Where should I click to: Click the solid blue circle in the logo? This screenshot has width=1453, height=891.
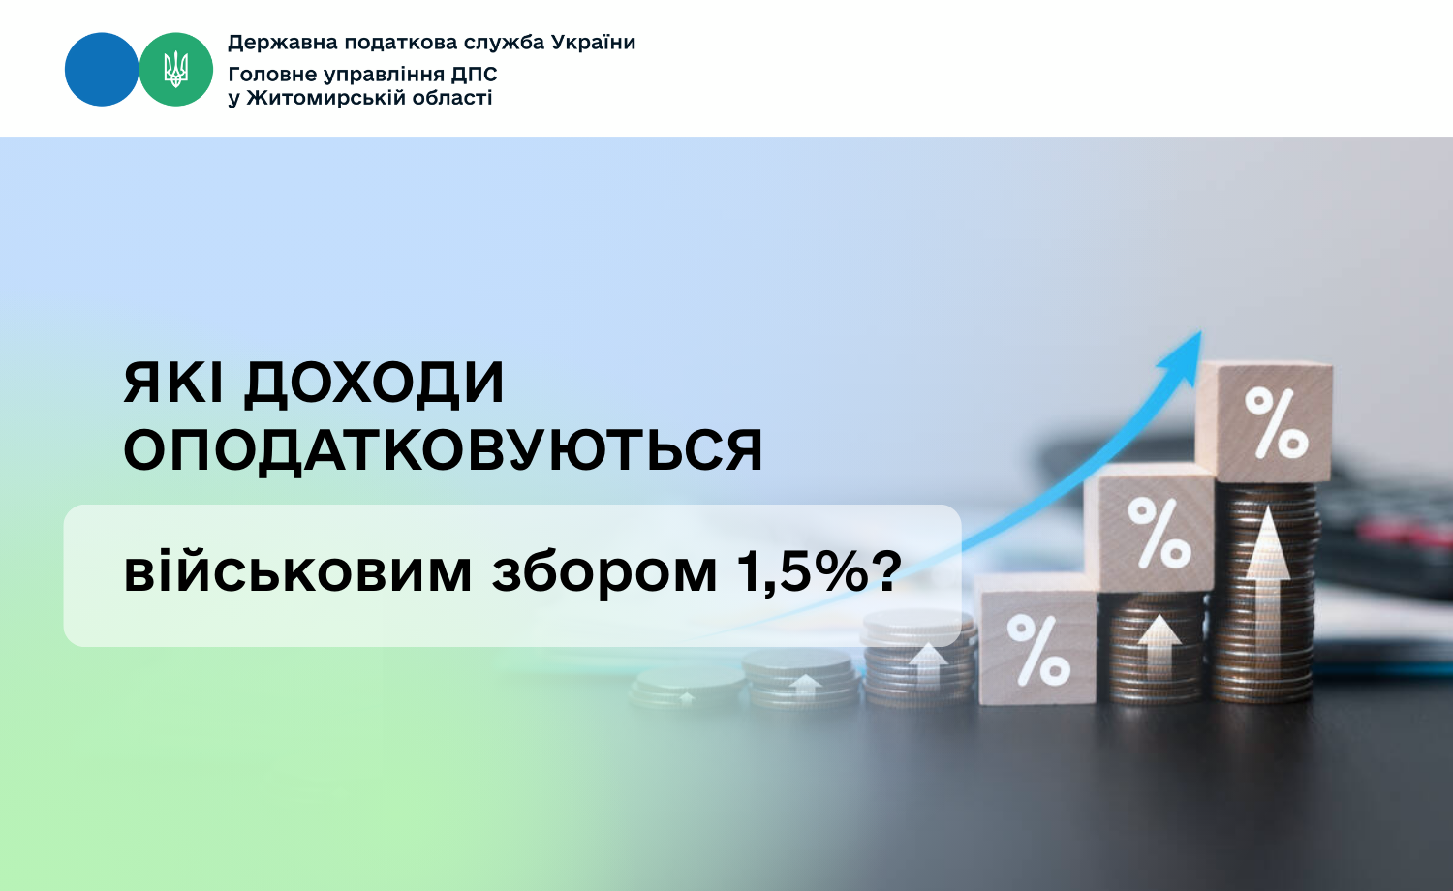[102, 70]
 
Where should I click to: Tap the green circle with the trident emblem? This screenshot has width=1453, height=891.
[175, 70]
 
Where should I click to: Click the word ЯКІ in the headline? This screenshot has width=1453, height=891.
[173, 383]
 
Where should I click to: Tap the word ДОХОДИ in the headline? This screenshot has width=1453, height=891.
[374, 384]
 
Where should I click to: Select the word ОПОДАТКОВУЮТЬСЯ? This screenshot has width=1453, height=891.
[443, 450]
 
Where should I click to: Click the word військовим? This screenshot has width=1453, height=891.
[297, 572]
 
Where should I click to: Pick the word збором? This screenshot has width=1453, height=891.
[603, 574]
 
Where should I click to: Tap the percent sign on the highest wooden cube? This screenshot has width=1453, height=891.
[1276, 422]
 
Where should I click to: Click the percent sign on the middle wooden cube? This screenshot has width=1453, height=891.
[1159, 533]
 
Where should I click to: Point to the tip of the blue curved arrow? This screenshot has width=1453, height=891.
[1201, 331]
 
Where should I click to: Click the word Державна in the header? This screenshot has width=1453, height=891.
[283, 43]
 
